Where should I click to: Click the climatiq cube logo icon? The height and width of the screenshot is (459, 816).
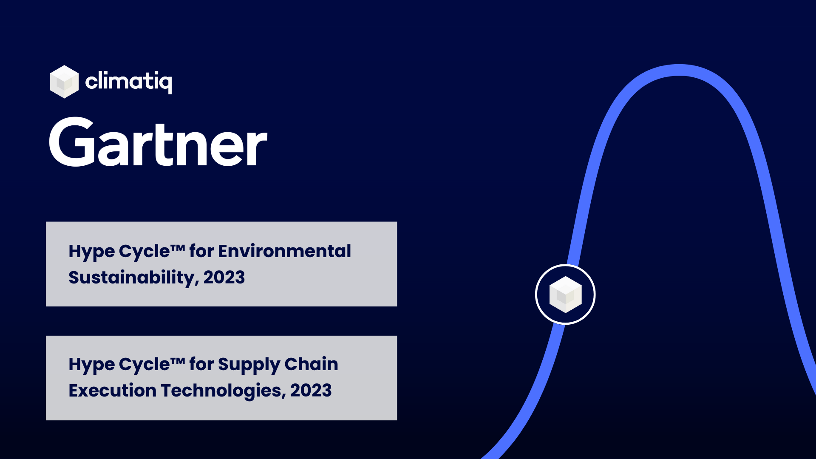coord(64,82)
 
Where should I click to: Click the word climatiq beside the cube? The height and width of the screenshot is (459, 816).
coord(128,81)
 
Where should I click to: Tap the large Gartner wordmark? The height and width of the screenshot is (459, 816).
coord(158,142)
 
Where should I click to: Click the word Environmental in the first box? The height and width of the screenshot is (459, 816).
coord(284,251)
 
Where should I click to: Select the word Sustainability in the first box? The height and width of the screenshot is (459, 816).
coord(132,278)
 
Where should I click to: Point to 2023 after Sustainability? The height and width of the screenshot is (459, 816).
coord(224,278)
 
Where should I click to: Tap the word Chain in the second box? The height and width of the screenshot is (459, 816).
coord(311,364)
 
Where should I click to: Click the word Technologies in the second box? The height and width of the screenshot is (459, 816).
coord(221,391)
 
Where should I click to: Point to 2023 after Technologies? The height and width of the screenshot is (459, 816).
coord(311,391)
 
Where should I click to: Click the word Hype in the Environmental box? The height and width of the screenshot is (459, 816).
coord(91,252)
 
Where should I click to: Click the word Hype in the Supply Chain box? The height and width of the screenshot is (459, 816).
coord(91,365)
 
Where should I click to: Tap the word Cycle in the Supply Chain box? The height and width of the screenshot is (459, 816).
coord(144,365)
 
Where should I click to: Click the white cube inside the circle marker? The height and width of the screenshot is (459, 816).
coord(565,295)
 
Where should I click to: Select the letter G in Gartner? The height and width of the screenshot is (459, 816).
coord(71,142)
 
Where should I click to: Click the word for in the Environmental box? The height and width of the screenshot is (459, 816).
coord(201,251)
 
